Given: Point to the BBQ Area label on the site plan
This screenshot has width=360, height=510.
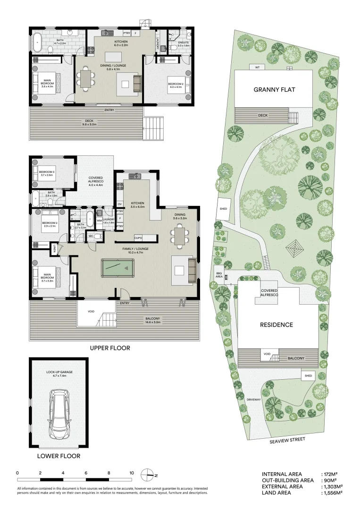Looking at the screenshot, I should pos(218,275).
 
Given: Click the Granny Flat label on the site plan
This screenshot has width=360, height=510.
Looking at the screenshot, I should pos(274,89).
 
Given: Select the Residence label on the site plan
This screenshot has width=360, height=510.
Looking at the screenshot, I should pos(276,325).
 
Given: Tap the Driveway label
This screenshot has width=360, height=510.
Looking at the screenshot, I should pos(253,399).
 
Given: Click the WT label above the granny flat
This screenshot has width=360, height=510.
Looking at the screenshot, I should pos(257,67).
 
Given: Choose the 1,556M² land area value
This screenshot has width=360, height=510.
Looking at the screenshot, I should pos(332,493).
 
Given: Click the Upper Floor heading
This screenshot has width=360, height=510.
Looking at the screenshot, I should pos(110,348).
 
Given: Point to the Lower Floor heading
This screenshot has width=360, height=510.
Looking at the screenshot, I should pos(59,456).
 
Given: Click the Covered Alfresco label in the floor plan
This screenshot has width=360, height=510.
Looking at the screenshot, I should pos(96,181).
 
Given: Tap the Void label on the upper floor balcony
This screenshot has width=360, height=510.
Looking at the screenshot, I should pos(92,312).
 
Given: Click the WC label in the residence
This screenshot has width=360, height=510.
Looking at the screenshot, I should pos(91,236).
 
